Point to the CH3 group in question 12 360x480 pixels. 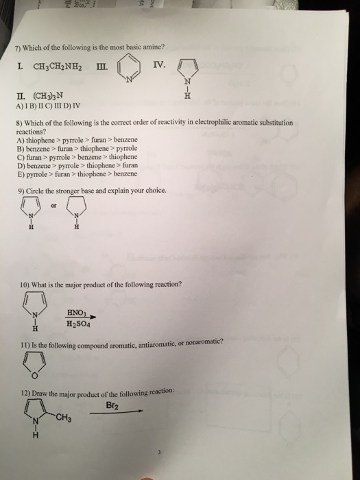click(x=63, y=419)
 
